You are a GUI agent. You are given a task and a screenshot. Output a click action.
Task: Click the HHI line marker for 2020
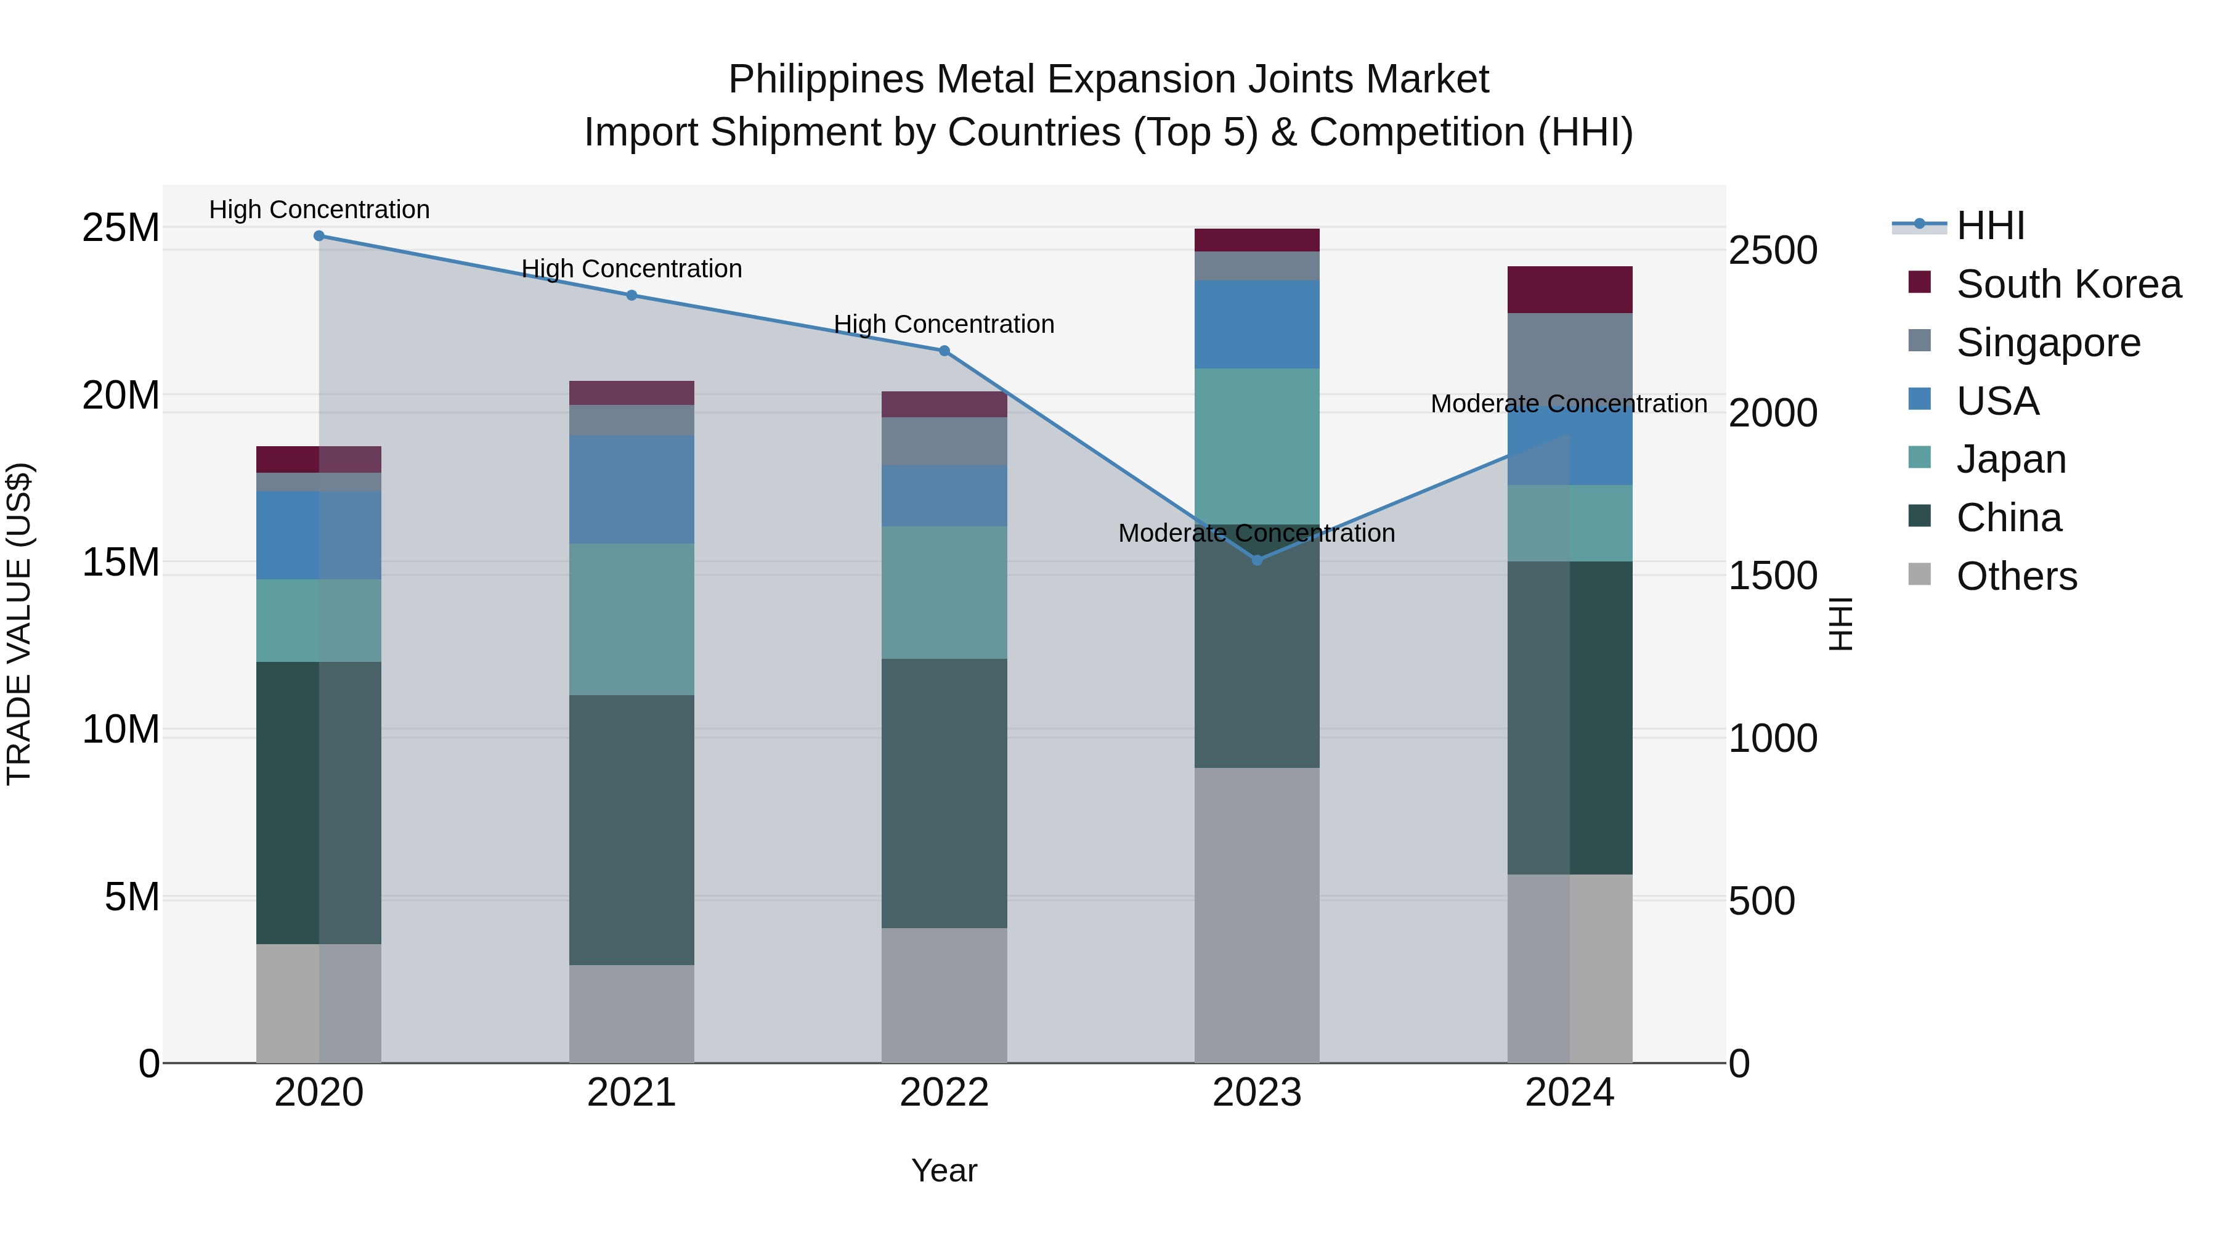tap(319, 236)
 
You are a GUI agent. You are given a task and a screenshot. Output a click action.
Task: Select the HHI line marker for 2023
tap(1256, 561)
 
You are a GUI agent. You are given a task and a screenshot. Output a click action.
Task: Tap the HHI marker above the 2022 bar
tap(944, 351)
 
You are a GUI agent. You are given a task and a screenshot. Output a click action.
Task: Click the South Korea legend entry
tap(2067, 284)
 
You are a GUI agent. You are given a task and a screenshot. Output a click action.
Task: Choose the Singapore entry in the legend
tap(2047, 343)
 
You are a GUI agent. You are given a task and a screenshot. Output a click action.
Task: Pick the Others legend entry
tap(2016, 576)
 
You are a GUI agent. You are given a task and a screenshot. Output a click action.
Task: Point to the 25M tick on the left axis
tap(121, 228)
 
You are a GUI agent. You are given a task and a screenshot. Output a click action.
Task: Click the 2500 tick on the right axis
tap(1773, 251)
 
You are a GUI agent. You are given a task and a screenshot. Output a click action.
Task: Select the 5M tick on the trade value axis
tap(132, 897)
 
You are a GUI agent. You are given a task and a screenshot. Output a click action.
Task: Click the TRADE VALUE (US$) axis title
tap(19, 624)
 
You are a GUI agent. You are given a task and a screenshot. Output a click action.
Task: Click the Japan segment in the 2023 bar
tap(1256, 446)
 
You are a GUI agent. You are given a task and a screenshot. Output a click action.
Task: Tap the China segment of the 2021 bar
tap(631, 830)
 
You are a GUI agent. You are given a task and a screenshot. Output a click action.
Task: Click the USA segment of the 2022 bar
tap(944, 496)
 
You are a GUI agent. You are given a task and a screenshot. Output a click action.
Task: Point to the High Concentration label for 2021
tap(631, 269)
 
